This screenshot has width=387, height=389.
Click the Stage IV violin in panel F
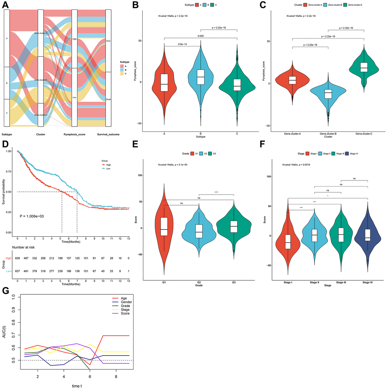pyautogui.click(x=367, y=236)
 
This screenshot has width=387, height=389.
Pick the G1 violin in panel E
pyautogui.click(x=164, y=228)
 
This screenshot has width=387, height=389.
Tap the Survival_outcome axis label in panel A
pyautogui.click(x=108, y=134)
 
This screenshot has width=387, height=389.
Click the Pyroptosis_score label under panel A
pyautogui.click(x=74, y=134)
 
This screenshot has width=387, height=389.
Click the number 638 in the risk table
pyautogui.click(x=17, y=258)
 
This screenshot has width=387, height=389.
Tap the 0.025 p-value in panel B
pyautogui.click(x=200, y=36)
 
